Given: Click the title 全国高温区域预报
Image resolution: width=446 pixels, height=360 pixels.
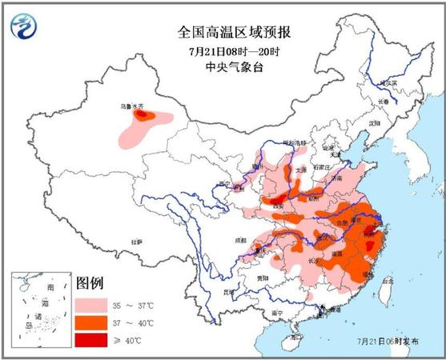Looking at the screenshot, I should pos(223,33).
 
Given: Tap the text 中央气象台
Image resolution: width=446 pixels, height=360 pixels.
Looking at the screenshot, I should pos(223,68).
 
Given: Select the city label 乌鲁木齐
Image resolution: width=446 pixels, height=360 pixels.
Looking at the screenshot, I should pos(134,106).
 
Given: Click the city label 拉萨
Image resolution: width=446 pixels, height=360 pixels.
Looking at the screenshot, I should pos(136,241).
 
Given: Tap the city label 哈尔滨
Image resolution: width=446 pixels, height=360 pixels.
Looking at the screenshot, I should pos(388,83).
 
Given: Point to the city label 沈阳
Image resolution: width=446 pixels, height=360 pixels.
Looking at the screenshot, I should pos(372,124).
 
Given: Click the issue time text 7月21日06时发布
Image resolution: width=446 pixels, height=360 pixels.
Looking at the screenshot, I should pos(388,341).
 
